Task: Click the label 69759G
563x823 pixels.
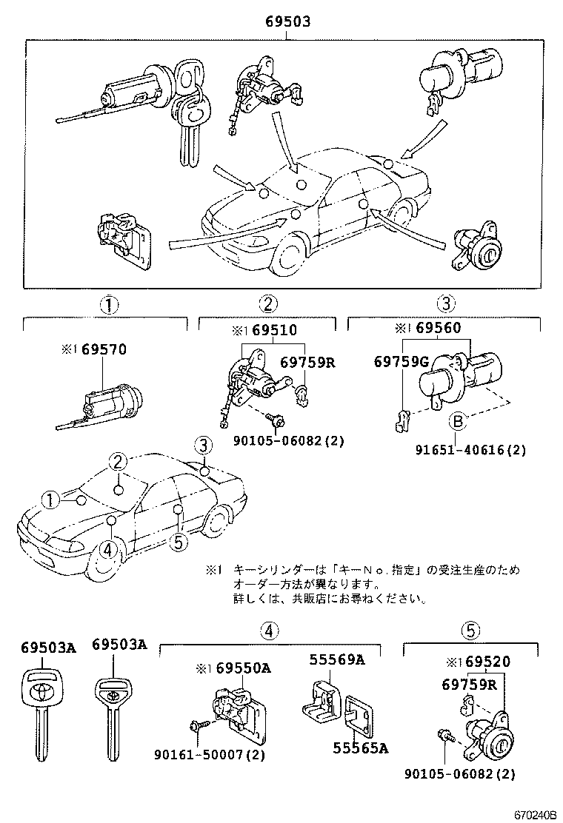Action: (x=401, y=361)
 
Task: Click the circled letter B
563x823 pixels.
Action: (x=457, y=422)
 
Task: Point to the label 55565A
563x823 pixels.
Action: (x=360, y=748)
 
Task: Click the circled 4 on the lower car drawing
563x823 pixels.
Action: (x=107, y=549)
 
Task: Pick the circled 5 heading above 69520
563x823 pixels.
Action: (x=468, y=630)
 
